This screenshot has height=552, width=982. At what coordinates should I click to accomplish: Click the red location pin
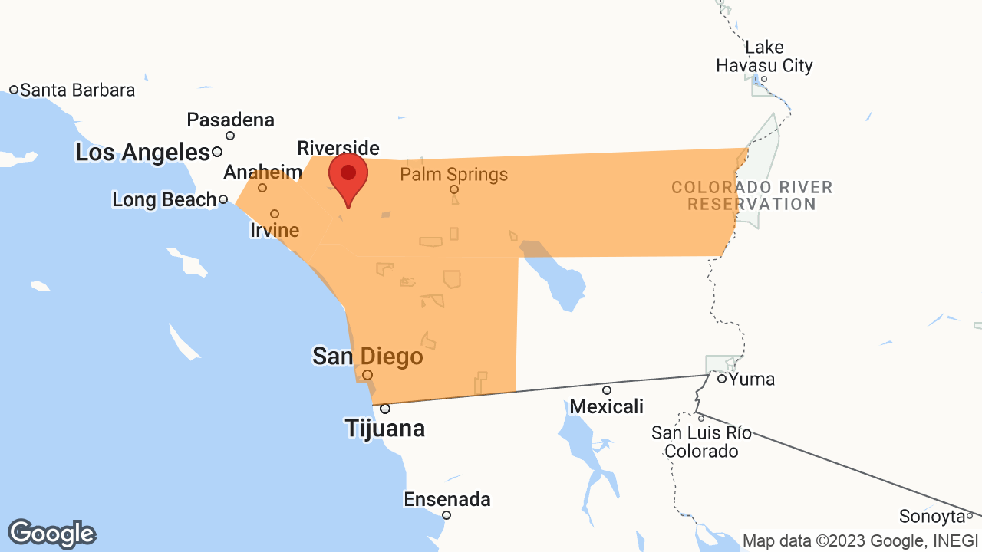(x=348, y=174)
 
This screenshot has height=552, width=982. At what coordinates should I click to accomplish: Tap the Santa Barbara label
(x=77, y=90)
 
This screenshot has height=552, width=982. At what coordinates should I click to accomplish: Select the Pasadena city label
(x=230, y=120)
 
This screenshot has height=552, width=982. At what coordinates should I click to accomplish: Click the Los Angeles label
(x=142, y=153)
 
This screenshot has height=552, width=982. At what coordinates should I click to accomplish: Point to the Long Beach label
(x=164, y=200)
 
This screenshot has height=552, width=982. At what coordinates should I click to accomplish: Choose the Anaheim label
(x=262, y=172)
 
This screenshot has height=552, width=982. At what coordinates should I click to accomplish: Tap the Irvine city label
(x=275, y=229)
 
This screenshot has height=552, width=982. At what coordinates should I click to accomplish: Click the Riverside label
(x=338, y=147)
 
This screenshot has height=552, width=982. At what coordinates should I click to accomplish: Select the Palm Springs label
(x=453, y=175)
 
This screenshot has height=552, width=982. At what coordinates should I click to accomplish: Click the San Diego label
(x=367, y=356)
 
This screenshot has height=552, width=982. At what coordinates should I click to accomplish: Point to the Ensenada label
(x=447, y=500)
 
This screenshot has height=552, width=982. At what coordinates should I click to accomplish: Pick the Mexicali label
(x=606, y=406)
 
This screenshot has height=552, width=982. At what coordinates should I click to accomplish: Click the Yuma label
(x=751, y=379)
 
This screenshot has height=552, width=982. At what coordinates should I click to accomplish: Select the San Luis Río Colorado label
(x=701, y=442)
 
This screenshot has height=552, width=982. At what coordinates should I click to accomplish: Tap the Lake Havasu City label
(x=764, y=57)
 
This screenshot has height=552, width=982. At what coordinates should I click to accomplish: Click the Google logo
(x=51, y=534)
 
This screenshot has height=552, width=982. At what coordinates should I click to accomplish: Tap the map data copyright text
(x=861, y=540)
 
